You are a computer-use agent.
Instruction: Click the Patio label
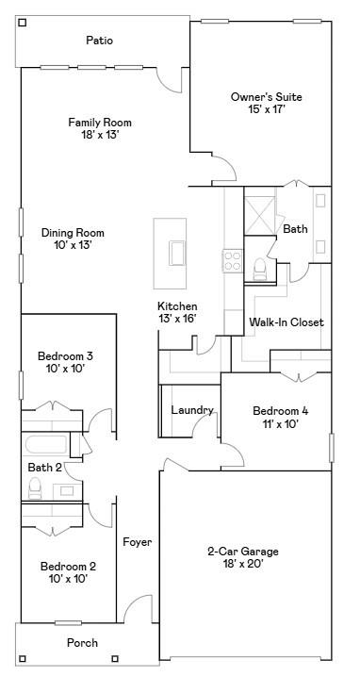point(100,41)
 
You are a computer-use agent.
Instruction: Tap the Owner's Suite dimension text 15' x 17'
point(267,109)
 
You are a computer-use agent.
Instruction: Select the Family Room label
point(100,123)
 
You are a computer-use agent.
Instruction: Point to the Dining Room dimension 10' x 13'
point(73,245)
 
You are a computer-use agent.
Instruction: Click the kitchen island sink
point(177,253)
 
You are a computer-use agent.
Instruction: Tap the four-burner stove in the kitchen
point(232,260)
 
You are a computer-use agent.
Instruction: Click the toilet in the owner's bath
point(260,269)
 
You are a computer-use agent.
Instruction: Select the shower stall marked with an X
point(260,215)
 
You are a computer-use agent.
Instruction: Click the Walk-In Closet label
point(286,322)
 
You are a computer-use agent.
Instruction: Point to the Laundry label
point(192,410)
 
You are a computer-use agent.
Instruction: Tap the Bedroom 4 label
point(280,410)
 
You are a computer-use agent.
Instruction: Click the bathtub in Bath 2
point(46,444)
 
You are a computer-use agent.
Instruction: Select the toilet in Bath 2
point(35,487)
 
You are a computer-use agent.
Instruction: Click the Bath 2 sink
point(67,490)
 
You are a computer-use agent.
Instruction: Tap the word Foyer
point(138,542)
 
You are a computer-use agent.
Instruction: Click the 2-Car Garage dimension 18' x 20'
point(243,565)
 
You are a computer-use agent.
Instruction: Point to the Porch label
point(82,643)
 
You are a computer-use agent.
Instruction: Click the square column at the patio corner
point(23,23)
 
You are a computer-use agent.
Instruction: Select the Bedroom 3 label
point(66,356)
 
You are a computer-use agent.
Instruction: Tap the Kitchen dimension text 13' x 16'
point(177,319)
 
